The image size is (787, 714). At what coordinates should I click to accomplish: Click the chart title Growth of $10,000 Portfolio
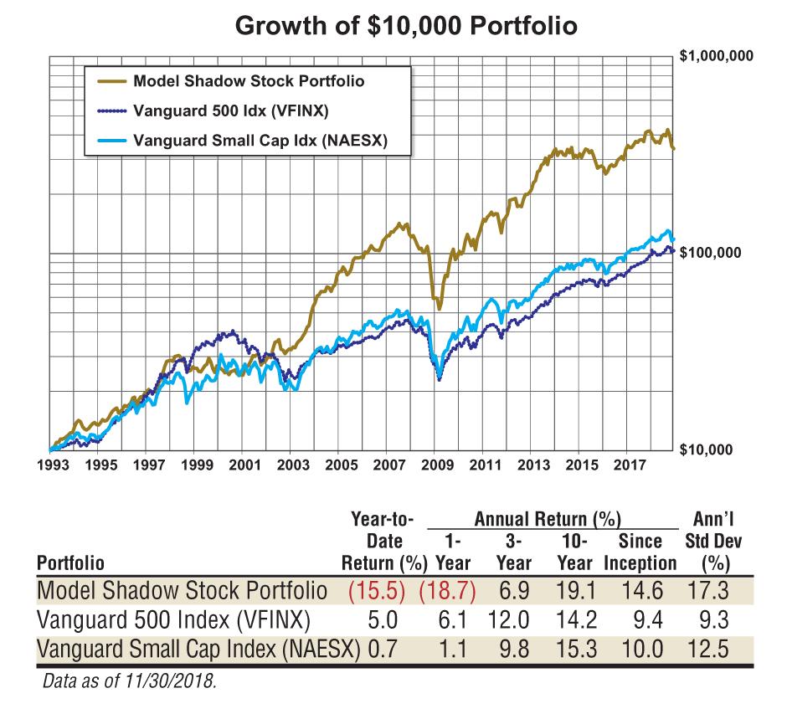[x=406, y=26]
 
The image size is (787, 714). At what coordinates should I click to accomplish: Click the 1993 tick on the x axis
[x=54, y=465]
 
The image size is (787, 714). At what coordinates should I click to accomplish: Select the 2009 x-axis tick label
[x=435, y=465]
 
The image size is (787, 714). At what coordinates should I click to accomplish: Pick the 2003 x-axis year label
[x=292, y=465]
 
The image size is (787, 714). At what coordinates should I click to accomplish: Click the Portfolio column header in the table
[x=71, y=562]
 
